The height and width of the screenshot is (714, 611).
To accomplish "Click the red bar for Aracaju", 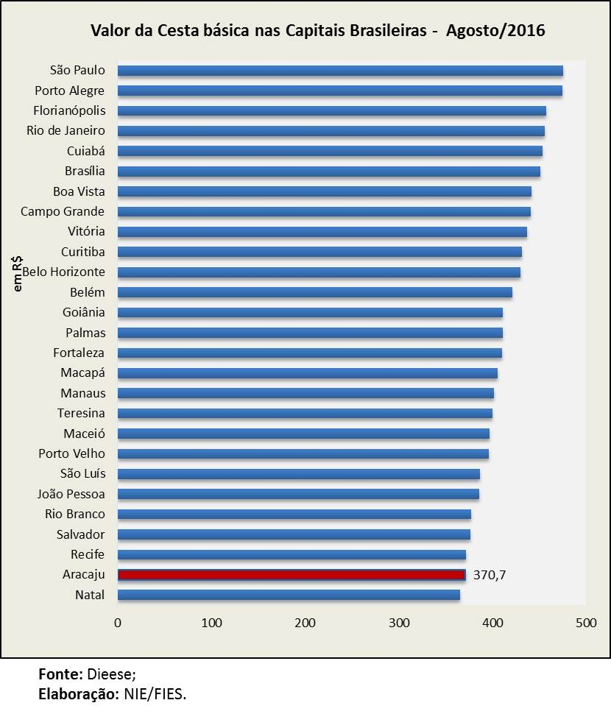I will tap(292, 575).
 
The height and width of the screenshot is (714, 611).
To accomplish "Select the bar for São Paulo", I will tap(340, 71).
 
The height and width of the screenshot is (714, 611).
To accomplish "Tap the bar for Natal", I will tap(289, 595).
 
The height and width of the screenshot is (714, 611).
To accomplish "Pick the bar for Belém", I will tap(315, 292).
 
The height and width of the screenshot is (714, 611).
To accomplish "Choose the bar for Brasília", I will tap(329, 172).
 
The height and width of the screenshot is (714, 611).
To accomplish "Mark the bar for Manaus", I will tap(305, 393).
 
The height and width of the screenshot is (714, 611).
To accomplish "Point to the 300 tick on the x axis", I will tap(399, 623).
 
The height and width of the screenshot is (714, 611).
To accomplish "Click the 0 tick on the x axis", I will tap(118, 623).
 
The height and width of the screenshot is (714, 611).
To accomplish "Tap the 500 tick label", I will tap(586, 623).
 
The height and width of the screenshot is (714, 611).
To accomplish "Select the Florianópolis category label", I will tap(69, 110).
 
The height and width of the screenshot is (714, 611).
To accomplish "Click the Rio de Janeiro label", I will tap(66, 131).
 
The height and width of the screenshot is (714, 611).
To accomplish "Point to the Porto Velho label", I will tap(71, 453).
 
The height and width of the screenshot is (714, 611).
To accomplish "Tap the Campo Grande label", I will tap(63, 212).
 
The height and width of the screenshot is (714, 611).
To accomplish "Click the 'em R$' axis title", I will tap(18, 273).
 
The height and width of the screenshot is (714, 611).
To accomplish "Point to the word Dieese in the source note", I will tap(111, 674).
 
